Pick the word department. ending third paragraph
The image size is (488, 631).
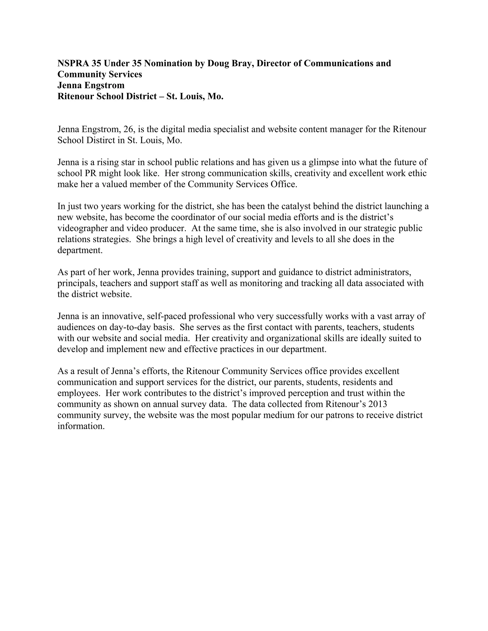tap(80, 250)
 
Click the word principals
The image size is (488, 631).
tap(77, 283)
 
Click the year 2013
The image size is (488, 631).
tap(378, 404)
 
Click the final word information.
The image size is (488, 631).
tap(81, 426)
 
